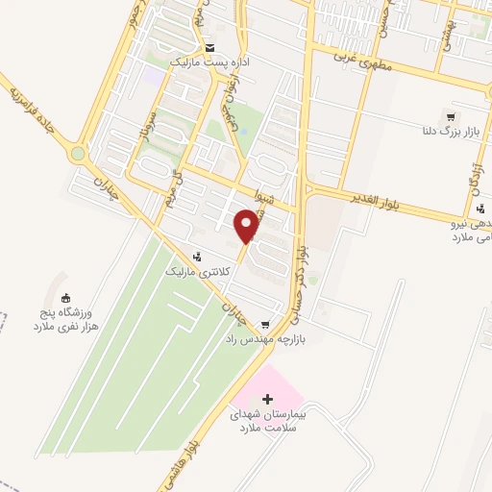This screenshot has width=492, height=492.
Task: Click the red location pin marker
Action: [247, 226]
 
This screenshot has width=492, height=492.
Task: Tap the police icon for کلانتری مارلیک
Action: [197, 257]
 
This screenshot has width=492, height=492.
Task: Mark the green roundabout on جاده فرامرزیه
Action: [77, 154]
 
